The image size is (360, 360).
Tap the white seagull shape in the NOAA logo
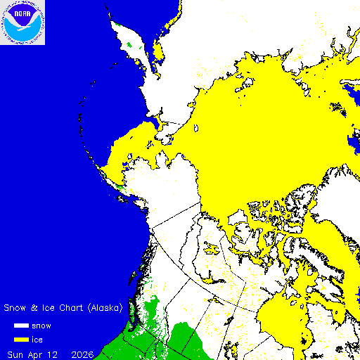pos(22,25)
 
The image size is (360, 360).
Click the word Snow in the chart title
pos(16,308)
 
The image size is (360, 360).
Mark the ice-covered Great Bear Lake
pos(212,247)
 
